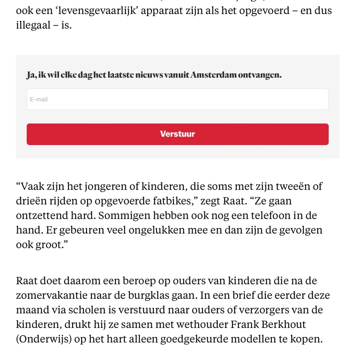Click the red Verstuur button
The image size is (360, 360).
(x=177, y=134)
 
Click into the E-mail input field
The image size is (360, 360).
(x=177, y=99)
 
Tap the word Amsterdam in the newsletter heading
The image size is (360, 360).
(x=213, y=75)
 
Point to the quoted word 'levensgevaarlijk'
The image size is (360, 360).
(x=88, y=10)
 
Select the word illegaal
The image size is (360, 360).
(x=33, y=26)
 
